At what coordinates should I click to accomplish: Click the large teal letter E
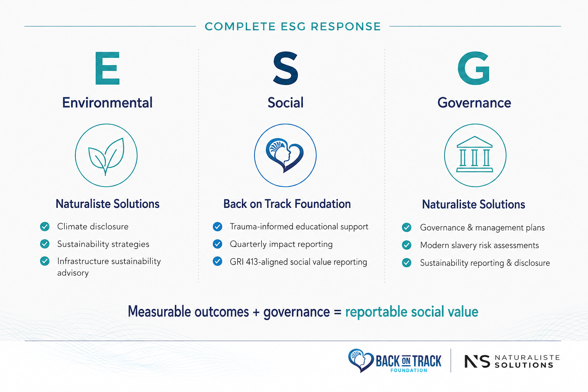[x=107, y=68]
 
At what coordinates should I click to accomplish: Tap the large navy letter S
[x=286, y=68]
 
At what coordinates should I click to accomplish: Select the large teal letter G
[x=474, y=68]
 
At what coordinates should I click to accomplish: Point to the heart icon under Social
[x=285, y=155]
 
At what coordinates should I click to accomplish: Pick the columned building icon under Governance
[x=475, y=154]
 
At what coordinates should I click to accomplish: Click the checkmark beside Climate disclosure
[x=45, y=226]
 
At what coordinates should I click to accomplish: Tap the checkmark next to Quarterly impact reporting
[x=217, y=244]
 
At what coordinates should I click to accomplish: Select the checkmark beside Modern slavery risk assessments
[x=407, y=245]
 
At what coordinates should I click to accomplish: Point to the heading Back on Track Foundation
[x=287, y=204]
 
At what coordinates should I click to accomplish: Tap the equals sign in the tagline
[x=338, y=312]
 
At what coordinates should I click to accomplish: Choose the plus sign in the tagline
[x=256, y=312]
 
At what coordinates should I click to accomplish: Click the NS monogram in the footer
[x=477, y=361]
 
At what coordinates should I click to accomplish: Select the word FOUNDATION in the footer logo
[x=409, y=371]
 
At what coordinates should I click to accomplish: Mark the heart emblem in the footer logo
[x=361, y=360]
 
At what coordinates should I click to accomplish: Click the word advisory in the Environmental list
[x=73, y=273]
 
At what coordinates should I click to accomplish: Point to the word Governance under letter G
[x=474, y=103]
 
